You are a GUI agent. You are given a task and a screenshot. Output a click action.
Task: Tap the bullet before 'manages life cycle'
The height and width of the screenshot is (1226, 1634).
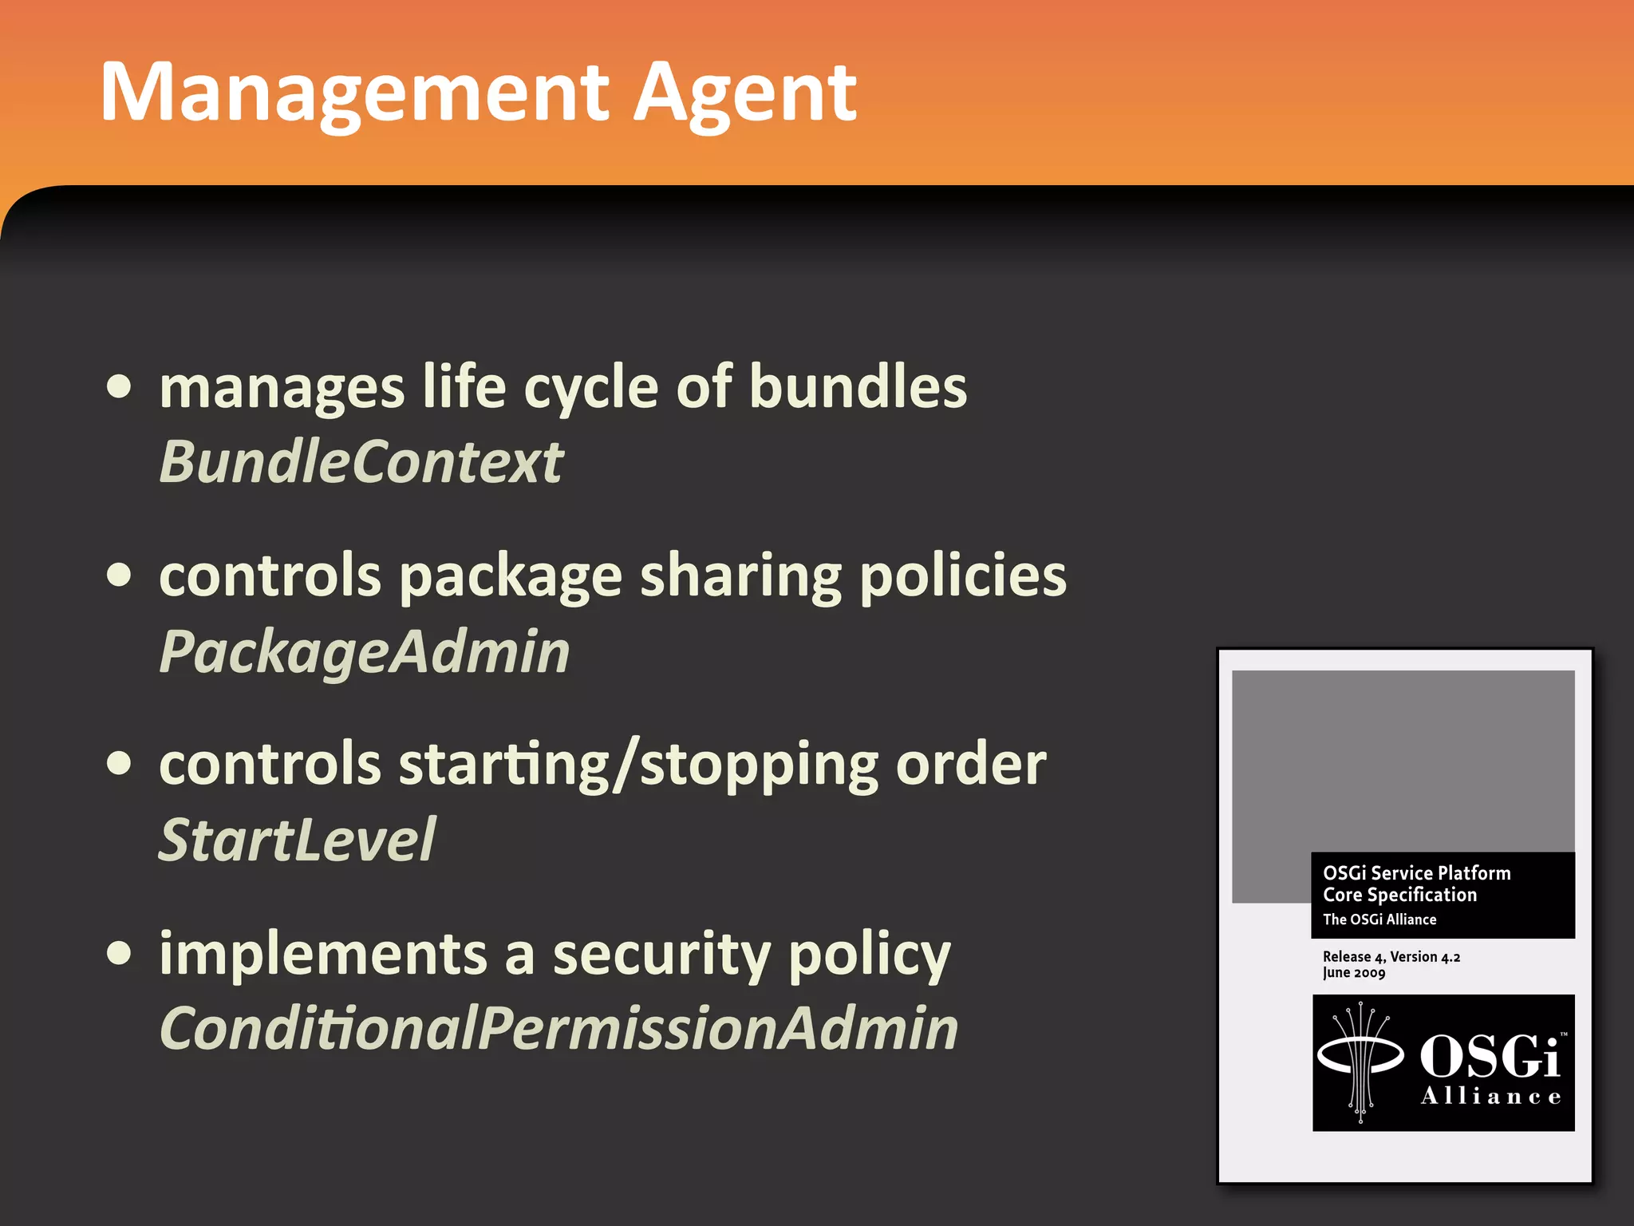pyautogui.click(x=119, y=387)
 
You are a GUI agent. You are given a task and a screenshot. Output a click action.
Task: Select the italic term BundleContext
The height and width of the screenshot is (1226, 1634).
pyautogui.click(x=361, y=462)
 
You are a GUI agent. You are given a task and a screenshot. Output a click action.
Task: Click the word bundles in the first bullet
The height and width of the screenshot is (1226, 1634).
pyautogui.click(x=858, y=387)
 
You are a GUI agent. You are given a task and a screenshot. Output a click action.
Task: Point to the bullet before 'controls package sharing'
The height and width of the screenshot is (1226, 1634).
pyautogui.click(x=119, y=575)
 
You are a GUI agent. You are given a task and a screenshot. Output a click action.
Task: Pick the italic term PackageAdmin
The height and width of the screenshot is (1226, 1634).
pyautogui.click(x=365, y=652)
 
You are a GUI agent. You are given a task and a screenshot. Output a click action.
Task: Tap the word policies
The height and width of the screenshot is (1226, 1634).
pyautogui.click(x=963, y=576)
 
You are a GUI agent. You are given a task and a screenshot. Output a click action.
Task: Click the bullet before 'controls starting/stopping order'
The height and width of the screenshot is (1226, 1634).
pyautogui.click(x=119, y=763)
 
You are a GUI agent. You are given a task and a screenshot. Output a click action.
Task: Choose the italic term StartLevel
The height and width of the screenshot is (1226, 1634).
pyautogui.click(x=297, y=840)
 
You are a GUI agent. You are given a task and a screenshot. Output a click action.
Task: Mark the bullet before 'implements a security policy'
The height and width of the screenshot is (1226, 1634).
pyautogui.click(x=119, y=952)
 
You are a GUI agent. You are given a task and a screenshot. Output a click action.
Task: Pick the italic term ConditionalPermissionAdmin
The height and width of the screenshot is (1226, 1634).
pyautogui.click(x=558, y=1028)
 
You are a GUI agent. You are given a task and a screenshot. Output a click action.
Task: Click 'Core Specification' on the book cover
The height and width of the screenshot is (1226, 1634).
pyautogui.click(x=1399, y=895)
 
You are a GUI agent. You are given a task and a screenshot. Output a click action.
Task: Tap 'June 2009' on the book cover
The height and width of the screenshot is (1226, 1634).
pyautogui.click(x=1353, y=972)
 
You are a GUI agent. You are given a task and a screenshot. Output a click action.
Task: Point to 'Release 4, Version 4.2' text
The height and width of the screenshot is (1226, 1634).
pyautogui.click(x=1391, y=956)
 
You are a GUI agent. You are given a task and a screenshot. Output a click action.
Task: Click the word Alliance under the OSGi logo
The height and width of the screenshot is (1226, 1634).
pyautogui.click(x=1490, y=1097)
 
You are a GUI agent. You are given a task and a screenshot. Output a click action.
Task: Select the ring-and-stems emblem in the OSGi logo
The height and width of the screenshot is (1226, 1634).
pyautogui.click(x=1361, y=1062)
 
